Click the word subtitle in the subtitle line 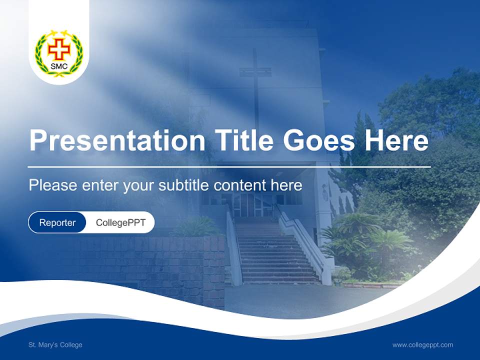tap(184, 185)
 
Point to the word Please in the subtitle tap(52, 185)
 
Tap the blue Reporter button tap(57, 222)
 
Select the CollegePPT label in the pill tap(120, 222)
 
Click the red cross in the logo tap(59, 49)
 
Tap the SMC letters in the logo tap(59, 66)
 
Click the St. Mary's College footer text tap(55, 345)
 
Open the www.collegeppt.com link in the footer tap(422, 345)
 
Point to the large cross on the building tap(255, 80)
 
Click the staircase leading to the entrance tap(277, 255)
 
